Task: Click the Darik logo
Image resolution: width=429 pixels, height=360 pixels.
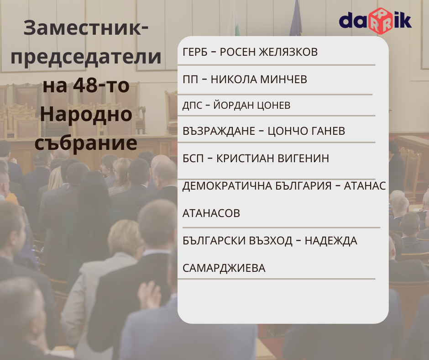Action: pyautogui.click(x=375, y=21)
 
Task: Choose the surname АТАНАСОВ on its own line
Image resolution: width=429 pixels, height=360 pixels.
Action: pyautogui.click(x=211, y=213)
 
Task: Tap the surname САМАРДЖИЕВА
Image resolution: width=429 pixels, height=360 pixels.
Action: pyautogui.click(x=224, y=268)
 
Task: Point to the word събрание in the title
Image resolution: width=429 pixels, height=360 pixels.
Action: pyautogui.click(x=86, y=143)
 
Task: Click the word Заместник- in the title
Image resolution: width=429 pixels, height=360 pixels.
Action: pyautogui.click(x=86, y=28)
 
